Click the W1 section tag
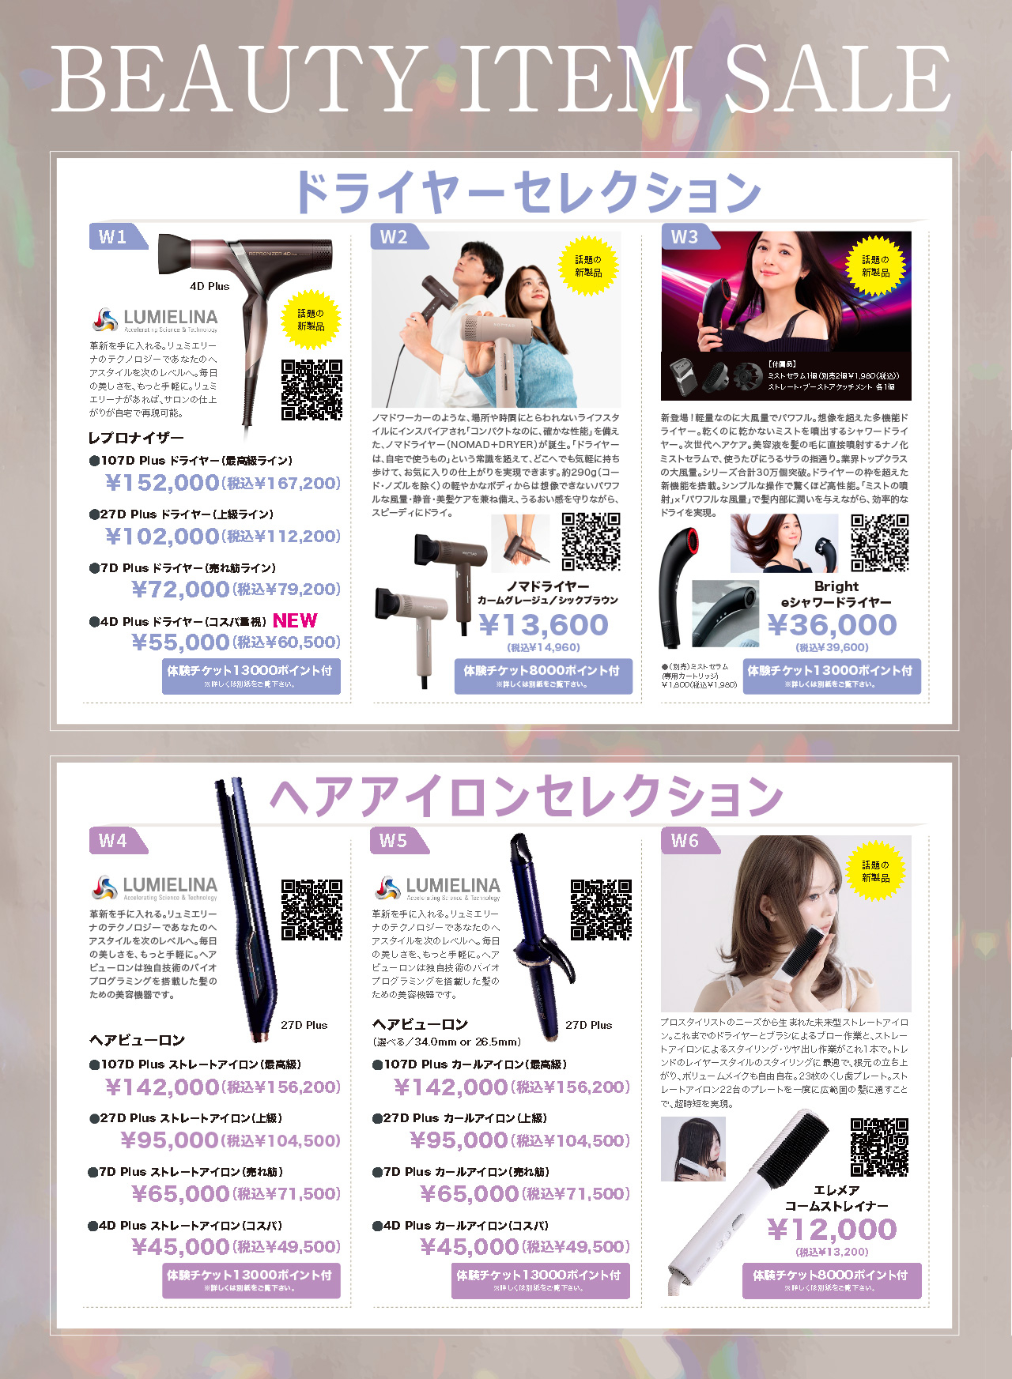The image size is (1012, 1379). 114,237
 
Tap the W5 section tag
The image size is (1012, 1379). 394,841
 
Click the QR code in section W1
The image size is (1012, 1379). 312,390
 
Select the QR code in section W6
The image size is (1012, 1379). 879,1147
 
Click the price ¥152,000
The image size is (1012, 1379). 162,483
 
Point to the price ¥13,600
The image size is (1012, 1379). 544,626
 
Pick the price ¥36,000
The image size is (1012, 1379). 833,625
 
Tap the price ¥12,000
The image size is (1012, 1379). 832,1230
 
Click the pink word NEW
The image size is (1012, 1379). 295,621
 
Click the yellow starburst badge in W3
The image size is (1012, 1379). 875,266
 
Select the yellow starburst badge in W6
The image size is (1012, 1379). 875,872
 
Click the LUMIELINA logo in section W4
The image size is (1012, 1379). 154,887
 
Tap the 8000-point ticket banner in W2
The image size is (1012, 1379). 543,676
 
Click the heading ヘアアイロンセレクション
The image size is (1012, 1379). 527,796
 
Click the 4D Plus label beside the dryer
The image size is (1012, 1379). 210,286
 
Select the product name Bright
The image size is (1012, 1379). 836,586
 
